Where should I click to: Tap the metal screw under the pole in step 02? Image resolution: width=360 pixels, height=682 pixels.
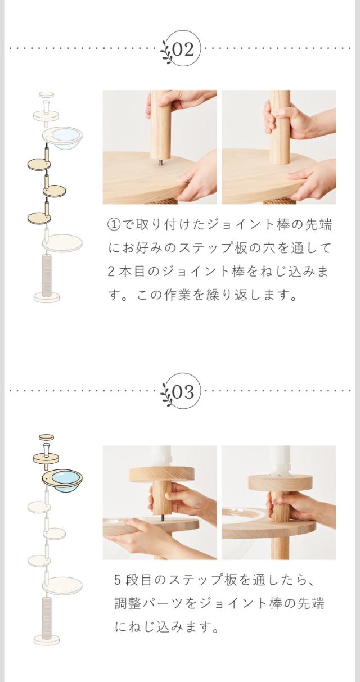pyautogui.click(x=159, y=162)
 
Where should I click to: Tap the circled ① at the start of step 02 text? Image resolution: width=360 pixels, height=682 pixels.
pyautogui.click(x=114, y=225)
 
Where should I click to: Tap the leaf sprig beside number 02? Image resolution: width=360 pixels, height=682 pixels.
pyautogui.click(x=167, y=52)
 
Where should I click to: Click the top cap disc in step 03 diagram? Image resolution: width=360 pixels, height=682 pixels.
pyautogui.click(x=46, y=437)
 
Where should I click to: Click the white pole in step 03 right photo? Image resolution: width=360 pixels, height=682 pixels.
pyautogui.click(x=278, y=460)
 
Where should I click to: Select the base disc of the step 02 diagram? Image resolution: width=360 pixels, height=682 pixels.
pyautogui.click(x=47, y=297)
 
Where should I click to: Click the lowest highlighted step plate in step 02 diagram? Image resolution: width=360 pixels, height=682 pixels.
pyautogui.click(x=39, y=218)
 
